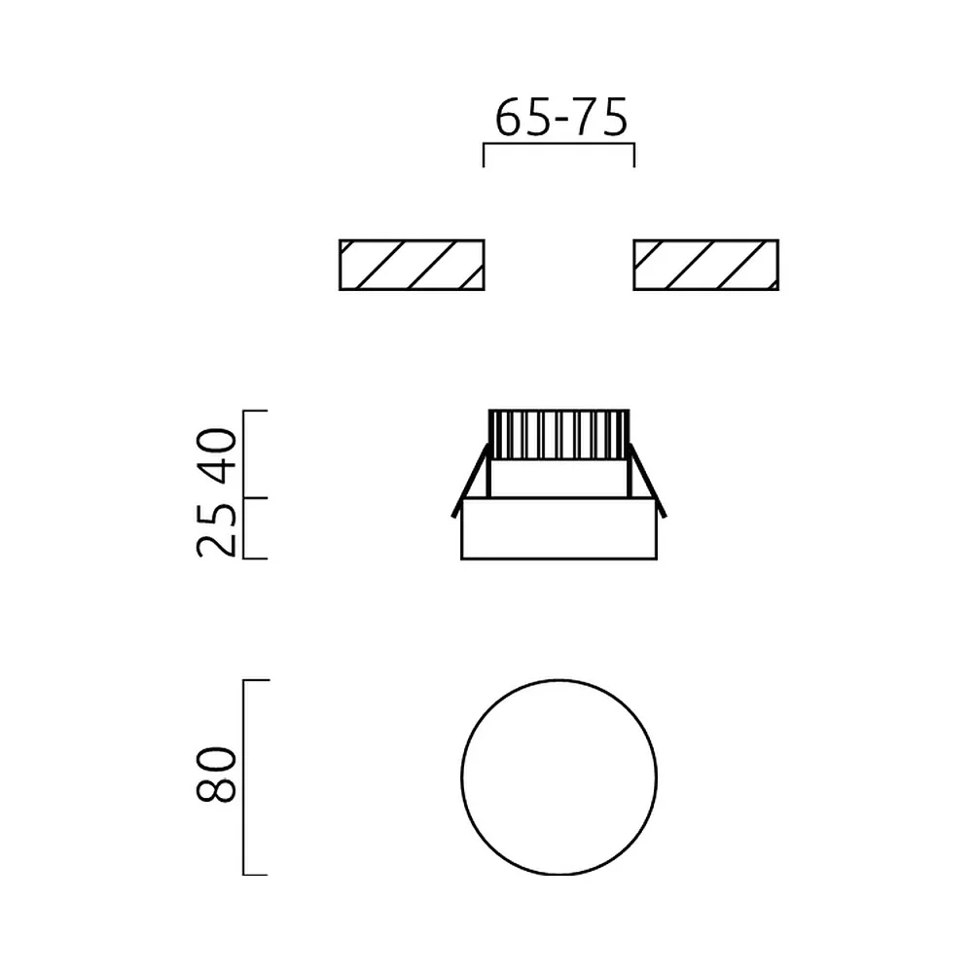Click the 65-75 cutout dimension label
coord(561,118)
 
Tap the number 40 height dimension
coord(217,455)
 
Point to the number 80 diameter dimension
coord(217,775)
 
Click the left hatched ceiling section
coord(412,265)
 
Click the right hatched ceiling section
coord(705,265)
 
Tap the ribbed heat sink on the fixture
coord(559,434)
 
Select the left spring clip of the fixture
coord(471,481)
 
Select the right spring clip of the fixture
coord(647,481)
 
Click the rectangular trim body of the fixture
coord(559,528)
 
